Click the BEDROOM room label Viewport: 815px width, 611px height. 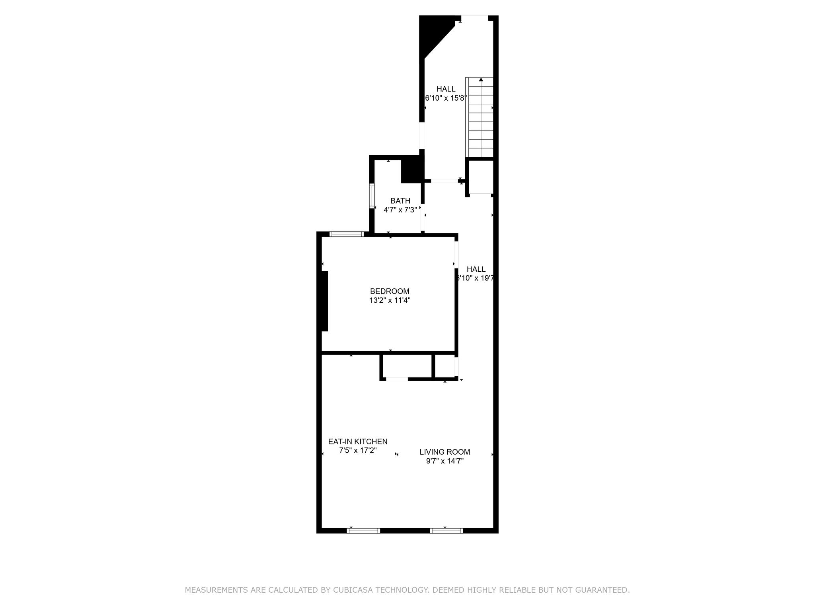pyautogui.click(x=390, y=291)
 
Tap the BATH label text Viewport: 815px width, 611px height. pyautogui.click(x=400, y=201)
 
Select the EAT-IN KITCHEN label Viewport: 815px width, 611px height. pyautogui.click(x=358, y=442)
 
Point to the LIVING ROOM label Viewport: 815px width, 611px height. pyautogui.click(x=445, y=452)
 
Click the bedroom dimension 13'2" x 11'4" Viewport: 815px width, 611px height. pyautogui.click(x=390, y=300)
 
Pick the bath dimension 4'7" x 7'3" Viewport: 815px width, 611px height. pyautogui.click(x=400, y=210)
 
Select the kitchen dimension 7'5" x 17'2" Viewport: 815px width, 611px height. pyautogui.click(x=358, y=451)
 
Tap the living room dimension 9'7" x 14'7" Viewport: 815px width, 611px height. pyautogui.click(x=445, y=461)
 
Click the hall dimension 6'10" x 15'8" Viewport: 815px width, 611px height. pyautogui.click(x=446, y=98)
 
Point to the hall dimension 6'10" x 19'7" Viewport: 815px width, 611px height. pyautogui.click(x=476, y=278)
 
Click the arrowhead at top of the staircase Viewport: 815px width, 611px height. pyautogui.click(x=481, y=80)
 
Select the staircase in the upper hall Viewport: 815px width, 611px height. pyautogui.click(x=480, y=117)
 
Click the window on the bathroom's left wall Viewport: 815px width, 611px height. pyautogui.click(x=372, y=196)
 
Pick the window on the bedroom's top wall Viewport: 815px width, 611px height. pyautogui.click(x=347, y=234)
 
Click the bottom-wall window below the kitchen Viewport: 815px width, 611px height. pyautogui.click(x=363, y=530)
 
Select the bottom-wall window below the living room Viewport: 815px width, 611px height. pyautogui.click(x=446, y=530)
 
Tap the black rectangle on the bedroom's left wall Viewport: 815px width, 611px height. pyautogui.click(x=325, y=301)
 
